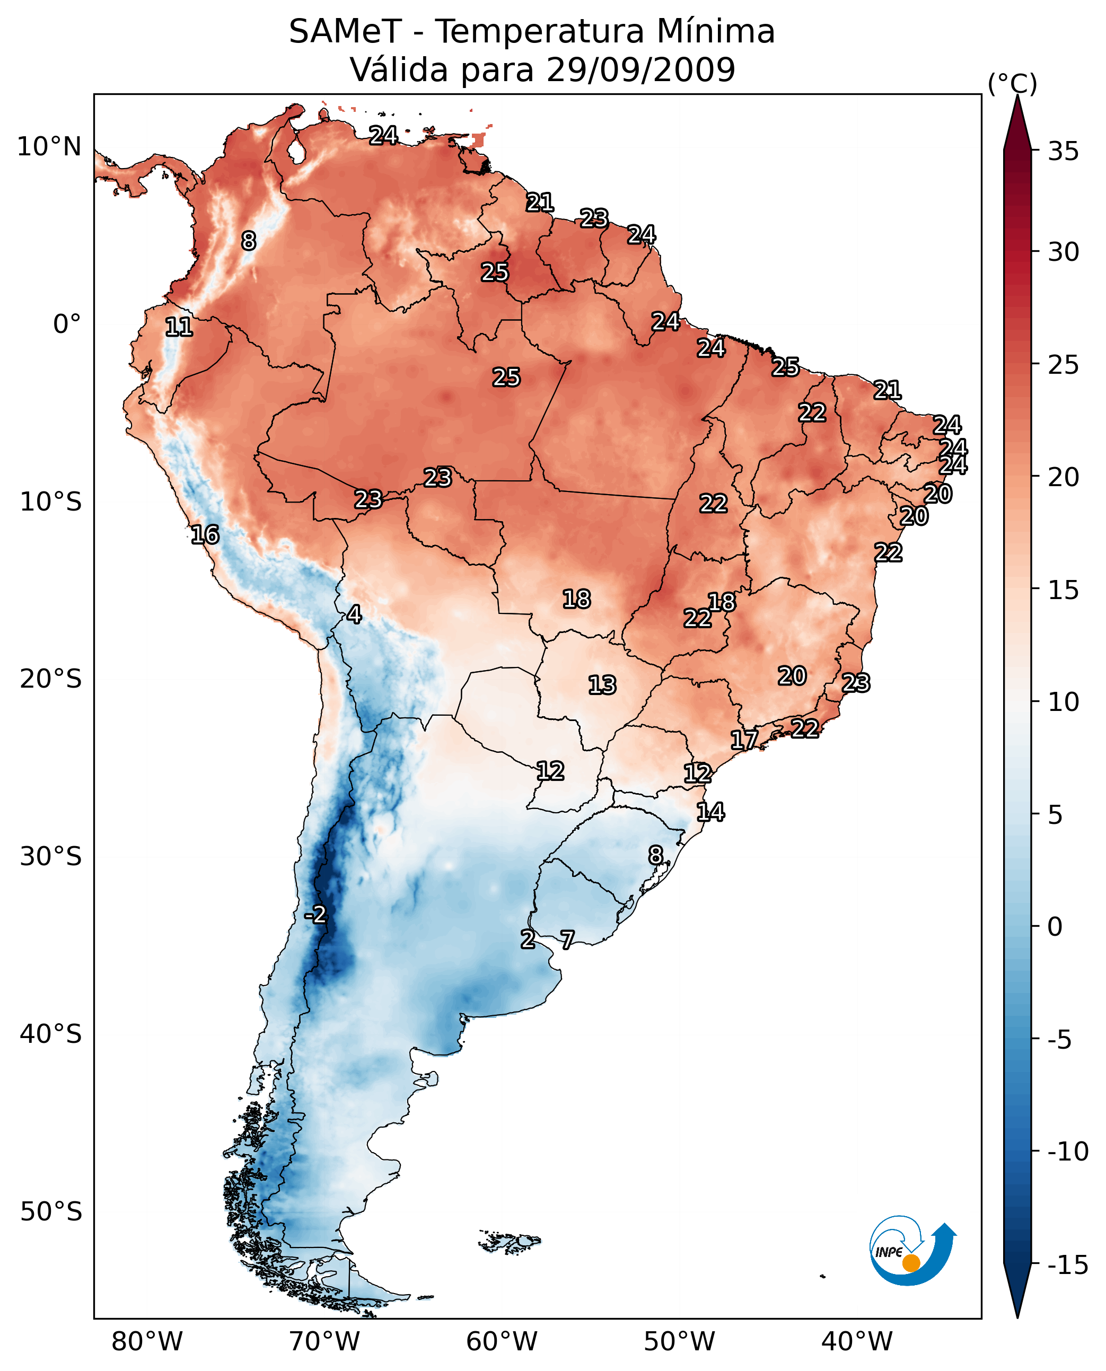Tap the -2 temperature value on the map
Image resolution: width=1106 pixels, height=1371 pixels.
(315, 915)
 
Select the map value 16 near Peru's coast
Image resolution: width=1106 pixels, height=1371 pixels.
(205, 534)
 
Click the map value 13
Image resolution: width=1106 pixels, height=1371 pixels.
(602, 685)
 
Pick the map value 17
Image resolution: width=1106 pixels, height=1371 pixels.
(744, 740)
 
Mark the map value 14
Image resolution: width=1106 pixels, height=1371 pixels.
(710, 812)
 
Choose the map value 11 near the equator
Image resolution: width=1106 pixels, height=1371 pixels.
(179, 328)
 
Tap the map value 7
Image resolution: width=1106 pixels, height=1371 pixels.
(567, 939)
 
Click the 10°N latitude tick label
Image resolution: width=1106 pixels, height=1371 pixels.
(49, 147)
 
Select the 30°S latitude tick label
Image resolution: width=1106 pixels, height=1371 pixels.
(50, 856)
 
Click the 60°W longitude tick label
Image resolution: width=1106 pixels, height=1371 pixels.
(502, 1342)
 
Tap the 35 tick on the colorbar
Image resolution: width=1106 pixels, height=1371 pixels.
(1063, 152)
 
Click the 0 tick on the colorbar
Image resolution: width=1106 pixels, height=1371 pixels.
(1055, 926)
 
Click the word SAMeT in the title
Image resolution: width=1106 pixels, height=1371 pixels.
(345, 32)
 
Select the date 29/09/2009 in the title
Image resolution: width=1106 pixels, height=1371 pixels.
(641, 69)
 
